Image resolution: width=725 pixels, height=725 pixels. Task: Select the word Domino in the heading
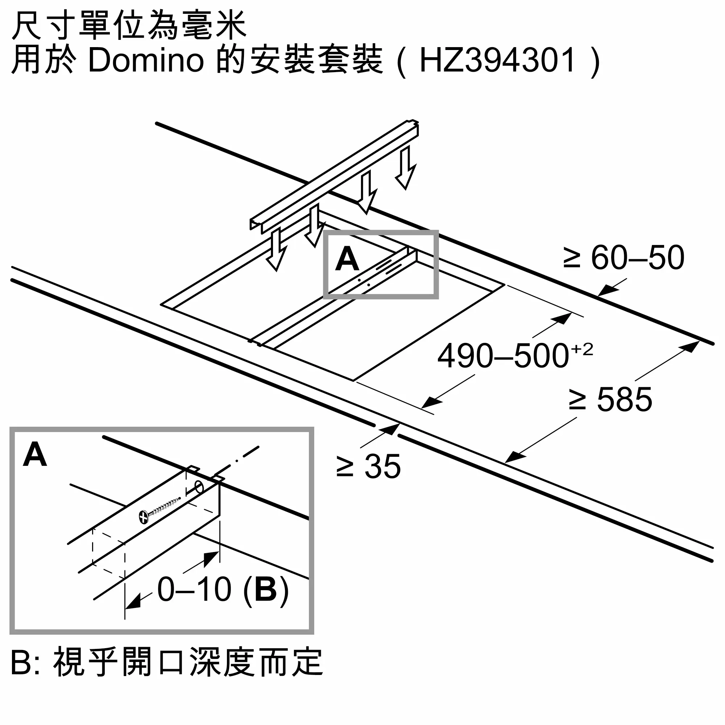[x=146, y=60]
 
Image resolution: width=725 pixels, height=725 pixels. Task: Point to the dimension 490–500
[x=503, y=356]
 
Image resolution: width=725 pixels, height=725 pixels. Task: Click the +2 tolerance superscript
[x=582, y=350]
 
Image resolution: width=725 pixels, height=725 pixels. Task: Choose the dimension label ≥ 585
[x=610, y=399]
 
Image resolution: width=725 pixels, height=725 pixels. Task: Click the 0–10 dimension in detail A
[x=194, y=589]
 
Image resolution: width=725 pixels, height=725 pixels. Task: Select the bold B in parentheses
[x=266, y=589]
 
